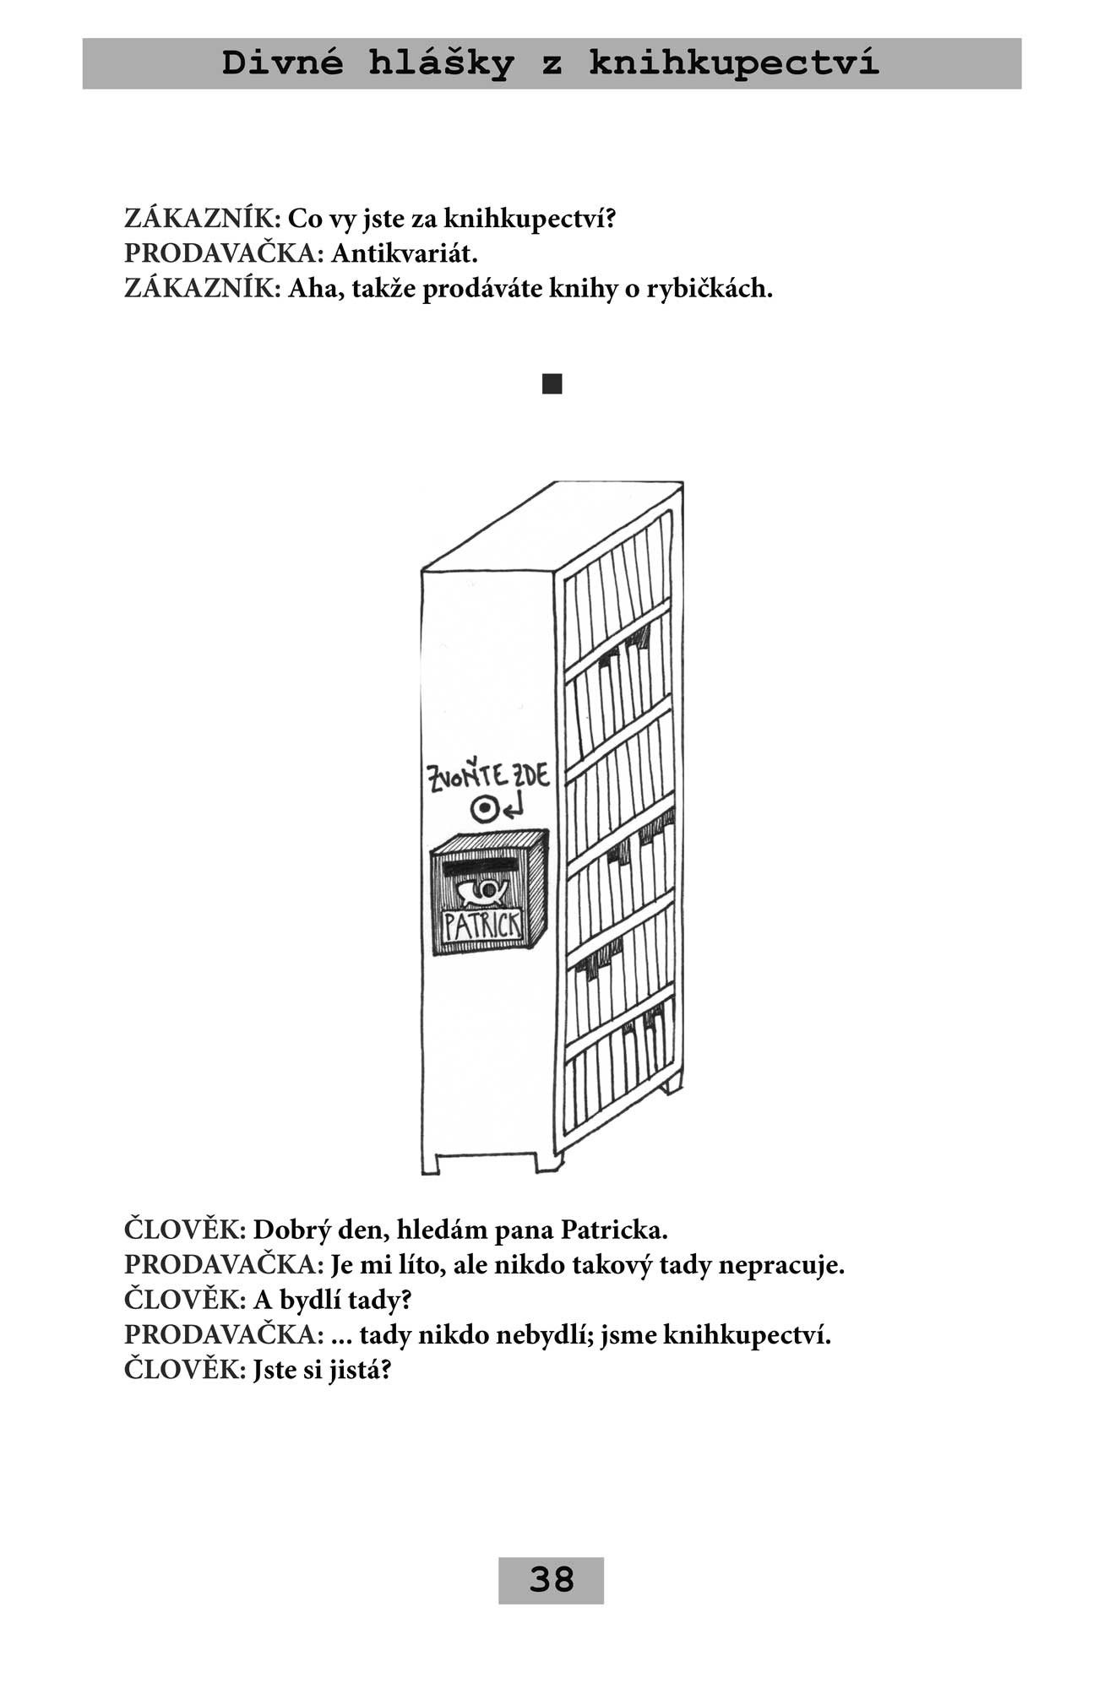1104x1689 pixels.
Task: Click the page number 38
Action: (552, 1579)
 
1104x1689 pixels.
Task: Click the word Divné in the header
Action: (282, 63)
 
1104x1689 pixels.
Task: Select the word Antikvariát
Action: (405, 253)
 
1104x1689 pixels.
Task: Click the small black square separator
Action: (552, 384)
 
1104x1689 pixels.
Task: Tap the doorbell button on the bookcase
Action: (484, 810)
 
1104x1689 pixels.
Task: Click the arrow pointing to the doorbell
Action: (514, 808)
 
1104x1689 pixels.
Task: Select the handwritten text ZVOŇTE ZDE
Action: (488, 775)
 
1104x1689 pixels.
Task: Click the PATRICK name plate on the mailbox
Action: (483, 926)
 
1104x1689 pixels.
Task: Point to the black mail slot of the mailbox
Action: (480, 866)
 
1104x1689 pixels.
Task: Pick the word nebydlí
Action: (540, 1335)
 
